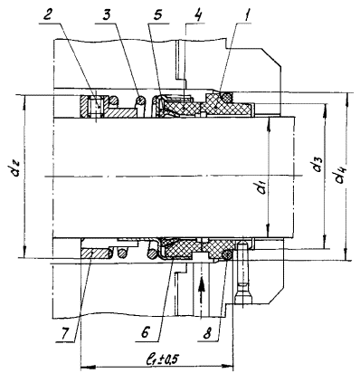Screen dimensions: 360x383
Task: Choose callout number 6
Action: click(x=145, y=334)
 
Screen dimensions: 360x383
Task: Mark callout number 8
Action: click(x=207, y=334)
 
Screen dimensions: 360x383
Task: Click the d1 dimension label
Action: click(x=262, y=187)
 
